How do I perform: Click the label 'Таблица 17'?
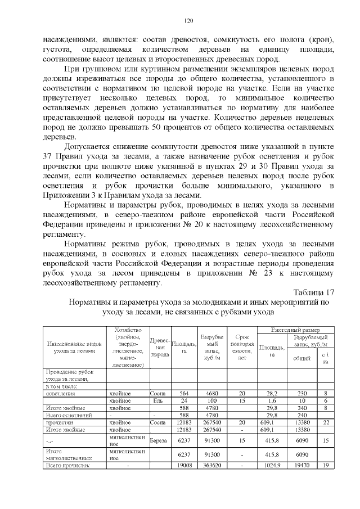point(314,291)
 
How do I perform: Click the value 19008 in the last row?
point(184,466)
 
